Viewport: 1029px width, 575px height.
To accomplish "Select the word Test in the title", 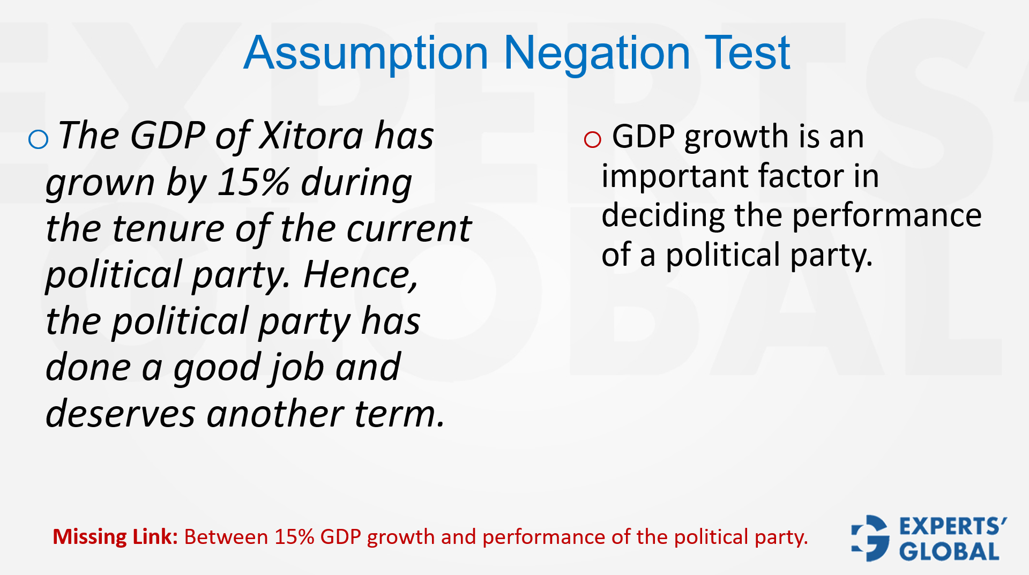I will click(747, 53).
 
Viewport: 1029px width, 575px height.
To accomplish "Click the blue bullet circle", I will click(38, 139).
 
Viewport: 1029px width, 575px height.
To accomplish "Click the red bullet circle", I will click(592, 139).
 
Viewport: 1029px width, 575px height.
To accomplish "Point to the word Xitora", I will click(311, 135).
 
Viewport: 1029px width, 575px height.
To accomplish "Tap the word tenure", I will click(168, 228).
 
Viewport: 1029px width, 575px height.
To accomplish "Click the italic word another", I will click(275, 414).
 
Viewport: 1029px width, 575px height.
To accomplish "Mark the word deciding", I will click(663, 215).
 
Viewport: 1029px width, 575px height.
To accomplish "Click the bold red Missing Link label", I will click(115, 537).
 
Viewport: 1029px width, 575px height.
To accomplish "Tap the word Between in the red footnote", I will click(226, 537).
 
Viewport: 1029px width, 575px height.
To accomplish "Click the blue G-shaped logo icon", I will click(870, 538).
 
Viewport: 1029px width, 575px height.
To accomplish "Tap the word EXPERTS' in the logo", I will click(953, 526).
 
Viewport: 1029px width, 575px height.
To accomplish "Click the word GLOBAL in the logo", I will click(949, 551).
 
